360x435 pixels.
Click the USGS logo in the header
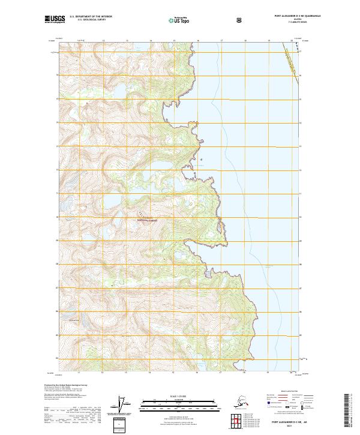(55, 20)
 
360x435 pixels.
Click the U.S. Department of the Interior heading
(91, 16)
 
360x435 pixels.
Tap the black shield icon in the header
(240, 20)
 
